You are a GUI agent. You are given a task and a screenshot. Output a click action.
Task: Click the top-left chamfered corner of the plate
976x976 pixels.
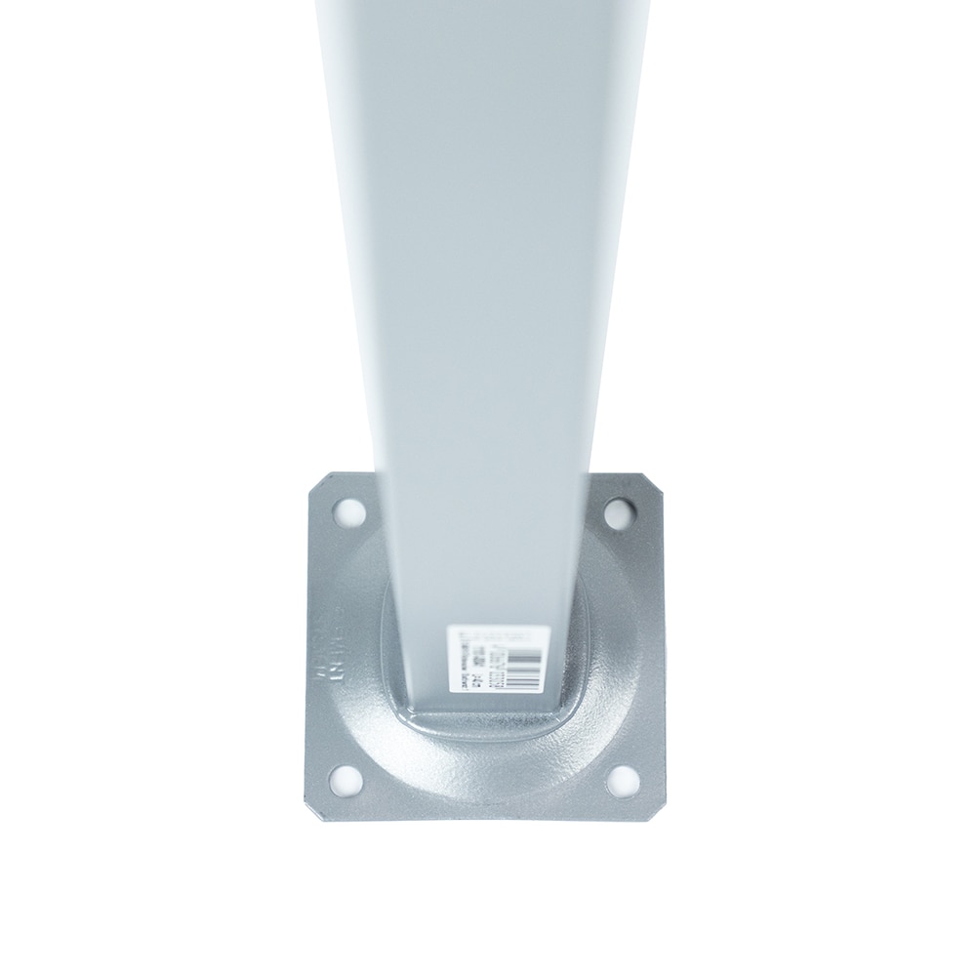click(318, 480)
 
